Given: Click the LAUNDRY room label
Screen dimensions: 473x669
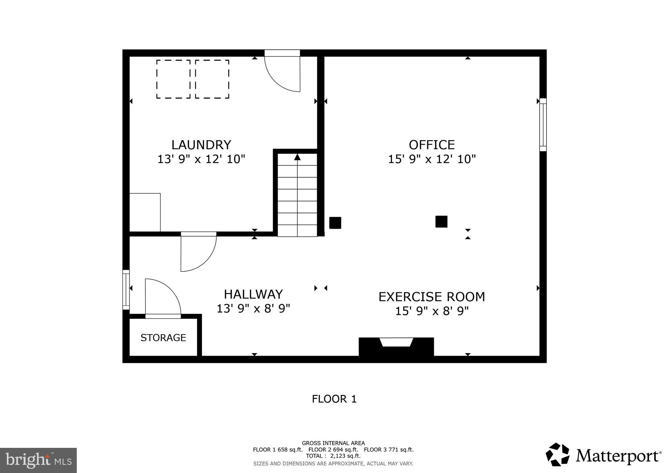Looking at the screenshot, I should pyautogui.click(x=201, y=145).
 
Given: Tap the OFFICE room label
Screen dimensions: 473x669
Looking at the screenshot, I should pyautogui.click(x=432, y=145).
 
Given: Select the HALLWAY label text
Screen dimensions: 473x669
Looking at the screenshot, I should pyautogui.click(x=253, y=294).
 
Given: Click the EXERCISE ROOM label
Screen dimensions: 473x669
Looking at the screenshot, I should pyautogui.click(x=432, y=297).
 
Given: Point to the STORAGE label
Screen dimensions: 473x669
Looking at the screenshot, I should pyautogui.click(x=163, y=338).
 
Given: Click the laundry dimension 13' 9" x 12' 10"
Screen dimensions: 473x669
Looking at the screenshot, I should pyautogui.click(x=201, y=159).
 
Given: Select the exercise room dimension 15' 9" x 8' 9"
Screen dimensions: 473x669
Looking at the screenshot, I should pyautogui.click(x=432, y=311).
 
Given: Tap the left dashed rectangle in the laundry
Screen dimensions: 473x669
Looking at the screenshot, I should pyautogui.click(x=173, y=79).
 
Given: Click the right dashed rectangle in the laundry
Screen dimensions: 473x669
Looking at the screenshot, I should pyautogui.click(x=212, y=79).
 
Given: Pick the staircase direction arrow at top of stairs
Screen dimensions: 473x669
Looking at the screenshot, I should pyautogui.click(x=297, y=157).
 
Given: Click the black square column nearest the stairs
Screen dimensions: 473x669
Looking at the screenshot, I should pyautogui.click(x=335, y=223).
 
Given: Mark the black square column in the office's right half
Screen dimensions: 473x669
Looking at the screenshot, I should pyautogui.click(x=441, y=221).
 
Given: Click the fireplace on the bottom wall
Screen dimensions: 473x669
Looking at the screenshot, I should pyautogui.click(x=396, y=347).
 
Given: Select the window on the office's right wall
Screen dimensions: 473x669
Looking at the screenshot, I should pyautogui.click(x=543, y=125).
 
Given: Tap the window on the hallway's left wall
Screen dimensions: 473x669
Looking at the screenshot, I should pyautogui.click(x=126, y=290).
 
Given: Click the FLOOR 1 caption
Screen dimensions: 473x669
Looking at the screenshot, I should pyautogui.click(x=334, y=399).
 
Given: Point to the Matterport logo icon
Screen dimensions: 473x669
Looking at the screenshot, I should pyautogui.click(x=557, y=455).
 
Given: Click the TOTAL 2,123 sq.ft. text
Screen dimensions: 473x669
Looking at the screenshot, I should pyautogui.click(x=333, y=456).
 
